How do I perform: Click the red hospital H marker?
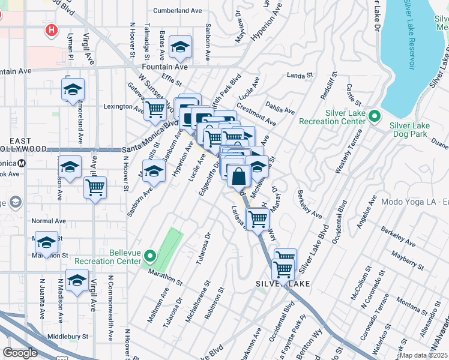52,29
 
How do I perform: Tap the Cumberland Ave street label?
178,11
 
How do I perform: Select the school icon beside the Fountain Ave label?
179,47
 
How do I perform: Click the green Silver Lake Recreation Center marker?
375,115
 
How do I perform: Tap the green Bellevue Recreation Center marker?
149,257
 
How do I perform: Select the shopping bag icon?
239,176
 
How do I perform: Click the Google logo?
20,353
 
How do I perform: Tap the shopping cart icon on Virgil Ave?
95,188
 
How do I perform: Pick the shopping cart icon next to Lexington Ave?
156,109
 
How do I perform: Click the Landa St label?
300,76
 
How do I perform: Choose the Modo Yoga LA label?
414,202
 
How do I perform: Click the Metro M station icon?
22,163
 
